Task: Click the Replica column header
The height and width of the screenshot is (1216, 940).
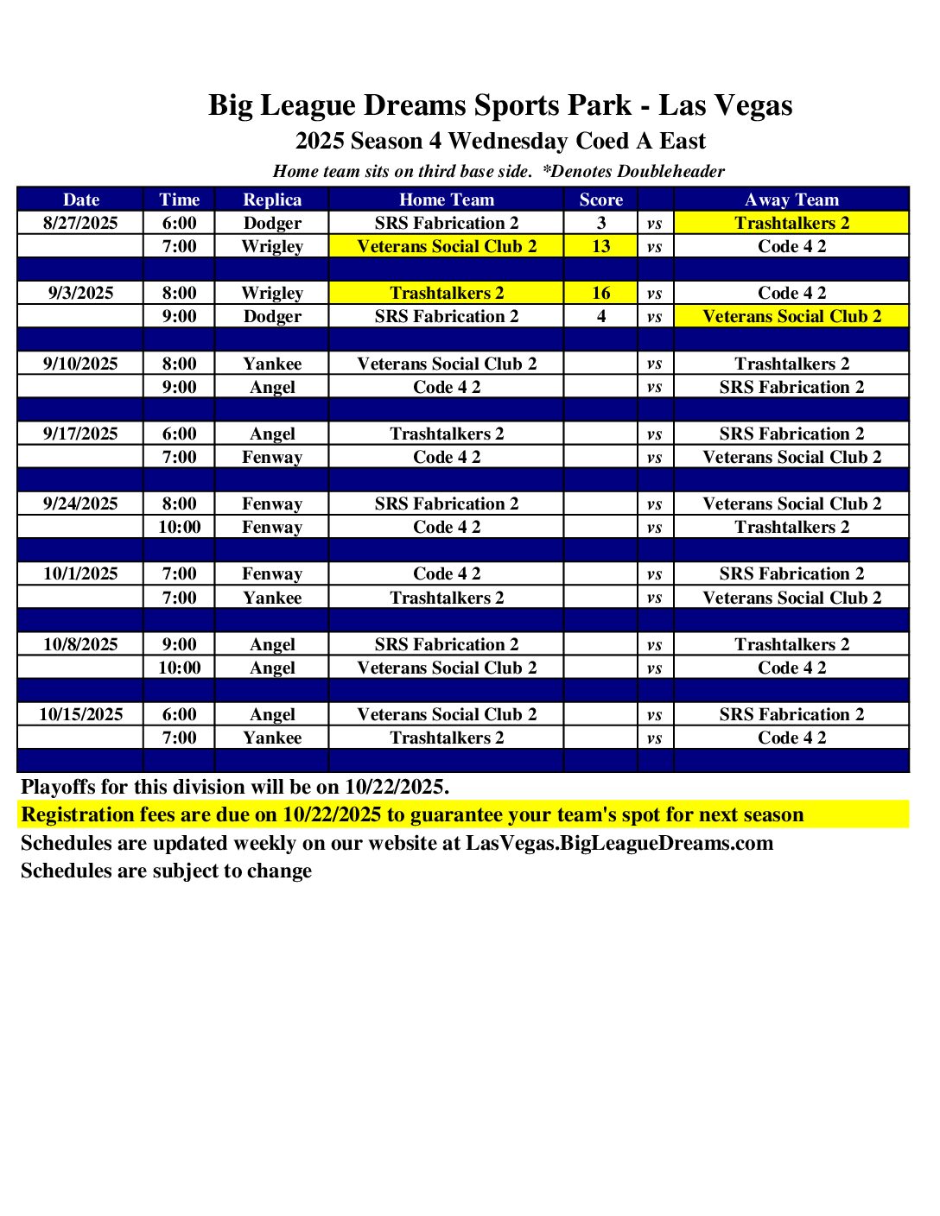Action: click(x=272, y=199)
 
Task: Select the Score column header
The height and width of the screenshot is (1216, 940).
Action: click(x=600, y=199)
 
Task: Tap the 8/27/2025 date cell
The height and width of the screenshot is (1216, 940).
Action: click(x=80, y=223)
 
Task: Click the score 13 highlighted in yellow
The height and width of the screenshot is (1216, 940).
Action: click(x=600, y=246)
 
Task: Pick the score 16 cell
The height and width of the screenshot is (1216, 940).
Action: click(x=600, y=293)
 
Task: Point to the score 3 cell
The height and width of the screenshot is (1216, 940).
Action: click(x=600, y=223)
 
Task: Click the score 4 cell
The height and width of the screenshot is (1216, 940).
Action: click(x=600, y=316)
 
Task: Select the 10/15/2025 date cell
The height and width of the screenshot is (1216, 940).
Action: click(x=80, y=714)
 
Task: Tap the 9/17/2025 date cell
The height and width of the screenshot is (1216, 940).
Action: click(x=80, y=434)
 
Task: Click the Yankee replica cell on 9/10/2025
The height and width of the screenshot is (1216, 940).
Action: click(x=272, y=364)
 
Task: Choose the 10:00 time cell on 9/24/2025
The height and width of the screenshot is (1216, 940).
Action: click(x=179, y=527)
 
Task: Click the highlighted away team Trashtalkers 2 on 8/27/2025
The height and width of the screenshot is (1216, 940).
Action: click(x=791, y=223)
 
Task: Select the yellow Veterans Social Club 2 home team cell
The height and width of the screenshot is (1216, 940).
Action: click(x=447, y=246)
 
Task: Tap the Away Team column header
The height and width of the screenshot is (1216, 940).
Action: click(x=791, y=199)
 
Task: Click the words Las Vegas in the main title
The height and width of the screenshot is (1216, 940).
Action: click(x=725, y=105)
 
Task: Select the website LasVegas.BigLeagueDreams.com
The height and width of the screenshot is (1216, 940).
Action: click(x=619, y=843)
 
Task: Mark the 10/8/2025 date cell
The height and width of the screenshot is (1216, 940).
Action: click(x=80, y=644)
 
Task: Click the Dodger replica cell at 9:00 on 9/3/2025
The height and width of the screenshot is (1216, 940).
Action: click(x=272, y=316)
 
